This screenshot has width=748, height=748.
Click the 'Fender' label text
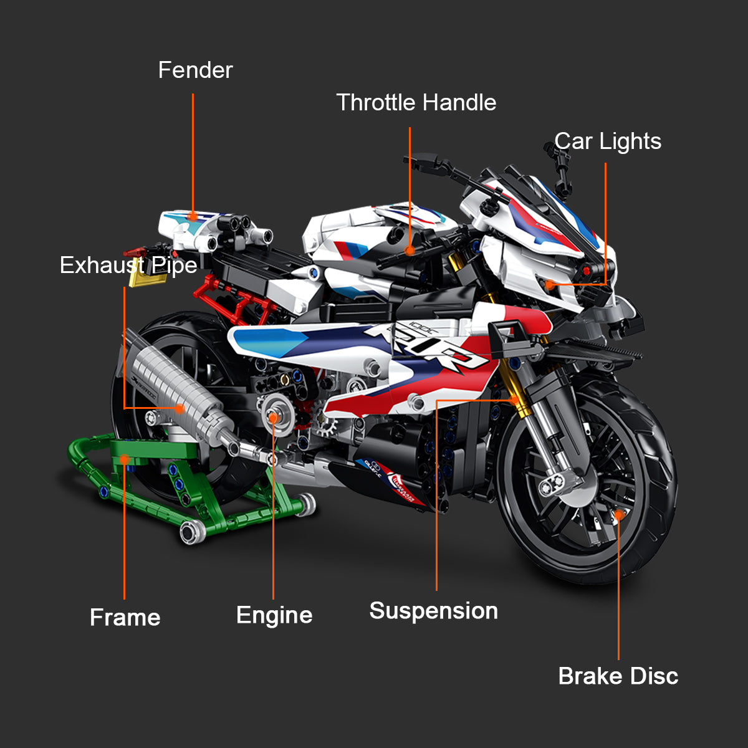195,70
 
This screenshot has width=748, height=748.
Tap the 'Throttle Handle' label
416,103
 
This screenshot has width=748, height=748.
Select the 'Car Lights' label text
608,141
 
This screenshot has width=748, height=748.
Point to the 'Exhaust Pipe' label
128,266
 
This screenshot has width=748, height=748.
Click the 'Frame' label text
125,618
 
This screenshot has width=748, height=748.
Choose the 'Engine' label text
274,615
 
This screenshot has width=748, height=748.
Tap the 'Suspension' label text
433,611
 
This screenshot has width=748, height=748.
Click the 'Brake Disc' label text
618,676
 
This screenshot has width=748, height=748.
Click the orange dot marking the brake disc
618,514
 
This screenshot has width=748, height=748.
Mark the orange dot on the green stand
124,460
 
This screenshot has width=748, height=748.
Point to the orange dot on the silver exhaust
180,409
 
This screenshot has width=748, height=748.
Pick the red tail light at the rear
133,252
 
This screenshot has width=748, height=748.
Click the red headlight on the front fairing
587,271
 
